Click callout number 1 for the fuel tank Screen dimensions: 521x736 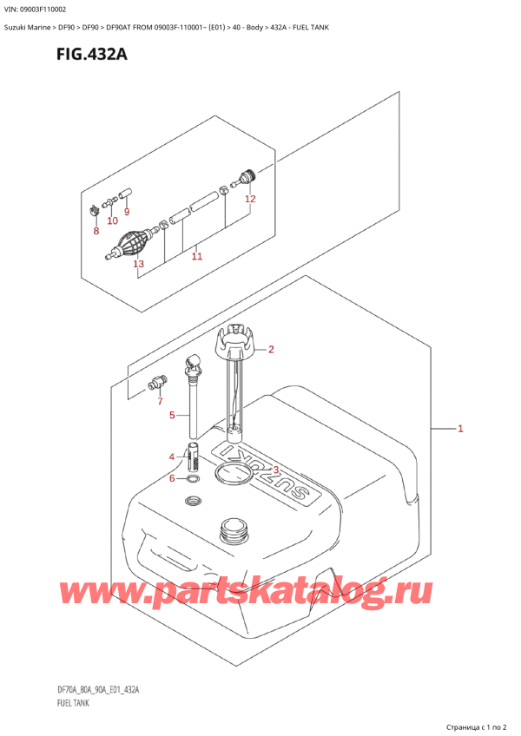point(460,428)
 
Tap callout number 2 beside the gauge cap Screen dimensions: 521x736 point(271,349)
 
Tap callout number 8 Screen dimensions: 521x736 point(96,231)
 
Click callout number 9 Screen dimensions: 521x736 point(127,212)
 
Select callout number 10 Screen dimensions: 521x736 point(112,220)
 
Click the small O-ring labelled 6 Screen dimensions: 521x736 point(192,479)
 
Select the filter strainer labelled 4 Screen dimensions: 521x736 point(194,457)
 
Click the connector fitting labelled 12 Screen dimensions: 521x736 point(245,179)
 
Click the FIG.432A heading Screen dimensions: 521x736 point(92,55)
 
